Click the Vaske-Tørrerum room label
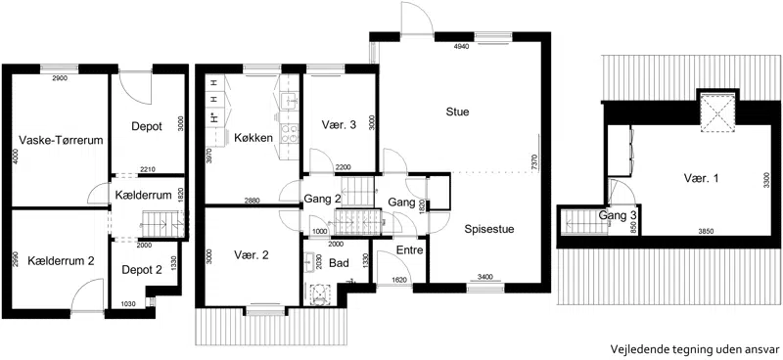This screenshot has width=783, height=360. [61, 140]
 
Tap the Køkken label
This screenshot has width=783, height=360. [253, 138]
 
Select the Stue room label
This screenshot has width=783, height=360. [457, 112]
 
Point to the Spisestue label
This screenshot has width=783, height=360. [488, 230]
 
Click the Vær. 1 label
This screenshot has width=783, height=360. [701, 178]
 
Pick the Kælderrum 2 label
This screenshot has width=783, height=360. [62, 260]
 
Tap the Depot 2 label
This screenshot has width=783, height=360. [142, 270]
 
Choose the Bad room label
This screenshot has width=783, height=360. [339, 263]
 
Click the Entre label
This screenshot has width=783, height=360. [409, 249]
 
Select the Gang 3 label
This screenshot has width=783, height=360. [618, 215]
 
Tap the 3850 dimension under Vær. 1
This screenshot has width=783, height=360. [705, 231]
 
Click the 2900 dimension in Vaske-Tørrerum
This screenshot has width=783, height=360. [60, 78]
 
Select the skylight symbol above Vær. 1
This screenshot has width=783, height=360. [717, 113]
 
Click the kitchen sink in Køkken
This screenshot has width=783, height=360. [290, 101]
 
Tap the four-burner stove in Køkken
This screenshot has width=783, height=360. [290, 132]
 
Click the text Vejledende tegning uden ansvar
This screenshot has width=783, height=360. [695, 349]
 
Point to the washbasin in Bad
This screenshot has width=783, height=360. [309, 261]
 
